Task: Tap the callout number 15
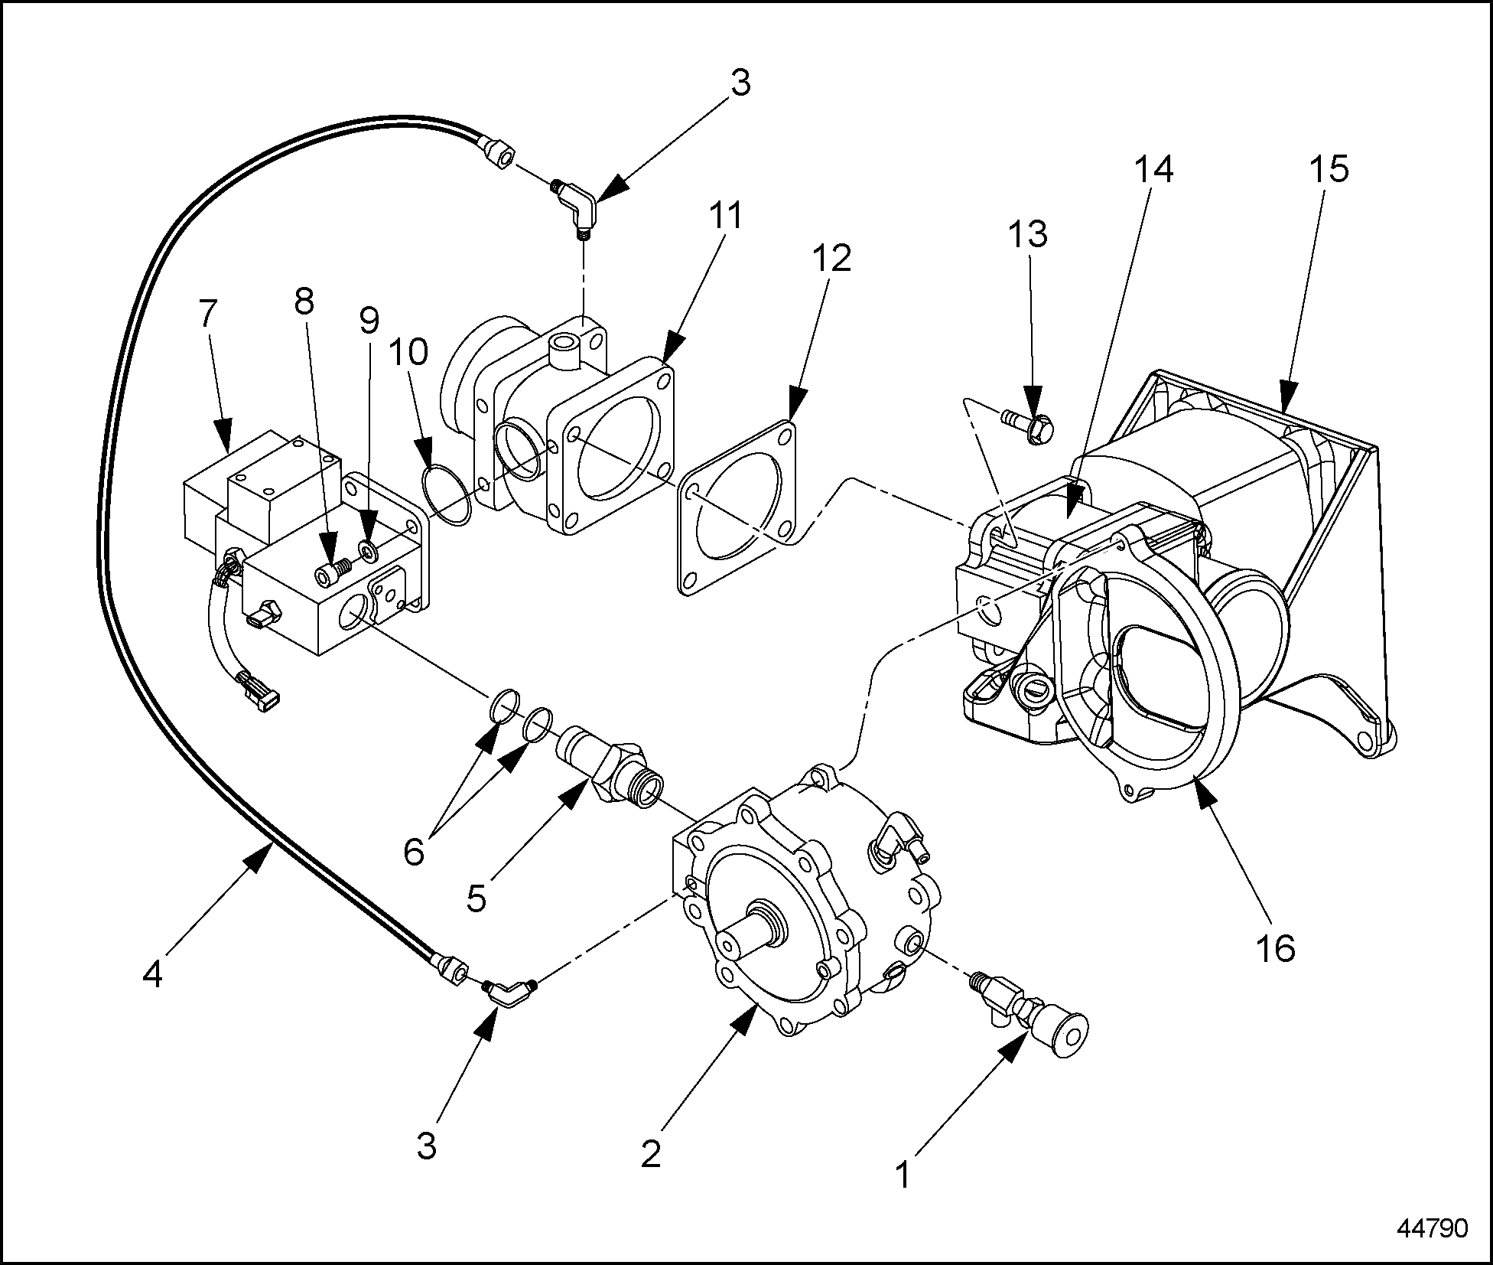1329,168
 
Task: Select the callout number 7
208,313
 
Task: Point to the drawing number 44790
1432,1229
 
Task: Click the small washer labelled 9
367,551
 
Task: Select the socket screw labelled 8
333,570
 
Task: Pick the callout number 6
414,851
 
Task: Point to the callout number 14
1153,170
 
